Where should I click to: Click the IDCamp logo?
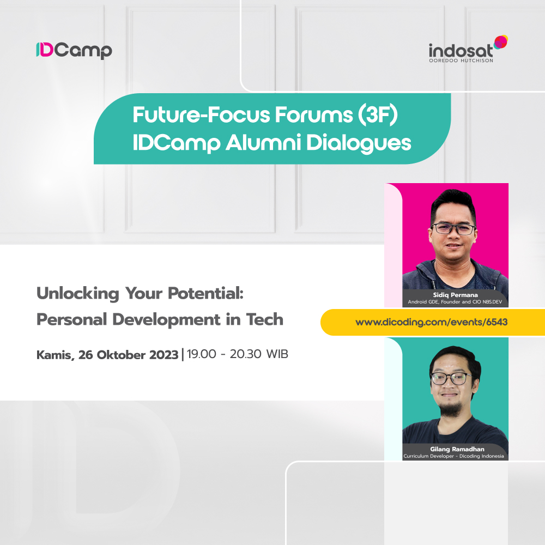click(74, 50)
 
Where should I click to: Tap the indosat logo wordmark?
click(461, 50)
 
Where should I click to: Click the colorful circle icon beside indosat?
click(500, 42)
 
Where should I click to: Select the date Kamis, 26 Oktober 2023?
click(107, 355)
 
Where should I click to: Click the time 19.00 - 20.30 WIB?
click(237, 354)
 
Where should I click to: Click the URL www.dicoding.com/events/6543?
click(431, 322)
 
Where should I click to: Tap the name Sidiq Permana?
click(455, 294)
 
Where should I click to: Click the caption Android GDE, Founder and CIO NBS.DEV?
click(455, 301)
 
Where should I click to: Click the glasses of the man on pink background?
click(453, 229)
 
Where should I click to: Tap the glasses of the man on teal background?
click(451, 378)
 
